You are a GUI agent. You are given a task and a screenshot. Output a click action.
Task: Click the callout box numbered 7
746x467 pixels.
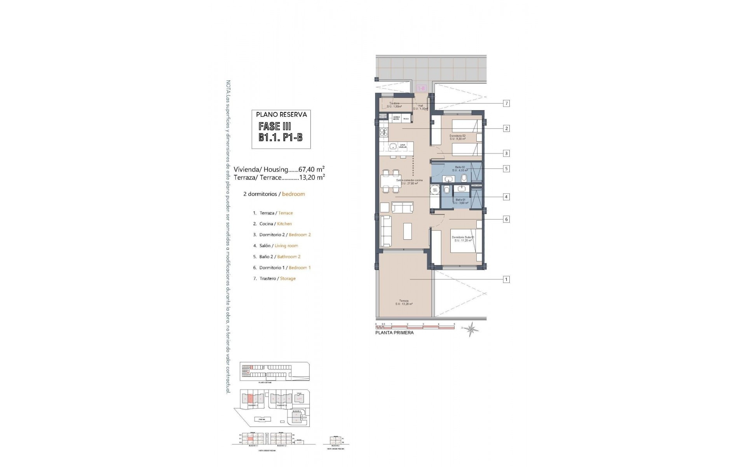click(506, 104)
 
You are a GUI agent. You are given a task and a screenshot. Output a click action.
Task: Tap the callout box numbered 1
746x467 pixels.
click(506, 279)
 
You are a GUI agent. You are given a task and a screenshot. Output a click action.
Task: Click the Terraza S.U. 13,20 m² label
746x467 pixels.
click(404, 302)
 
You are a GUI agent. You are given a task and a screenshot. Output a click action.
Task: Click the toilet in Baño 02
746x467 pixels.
click(463, 178)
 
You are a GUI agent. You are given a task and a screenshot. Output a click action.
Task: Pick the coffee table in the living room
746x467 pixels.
click(408, 231)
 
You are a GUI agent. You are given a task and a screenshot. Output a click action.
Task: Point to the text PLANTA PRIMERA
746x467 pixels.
click(394, 333)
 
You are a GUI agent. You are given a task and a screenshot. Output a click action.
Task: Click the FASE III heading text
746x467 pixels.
click(275, 126)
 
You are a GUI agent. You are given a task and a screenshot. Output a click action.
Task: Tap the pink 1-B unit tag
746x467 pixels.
click(421, 88)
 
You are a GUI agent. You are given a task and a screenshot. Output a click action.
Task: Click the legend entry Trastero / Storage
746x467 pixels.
click(277, 279)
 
